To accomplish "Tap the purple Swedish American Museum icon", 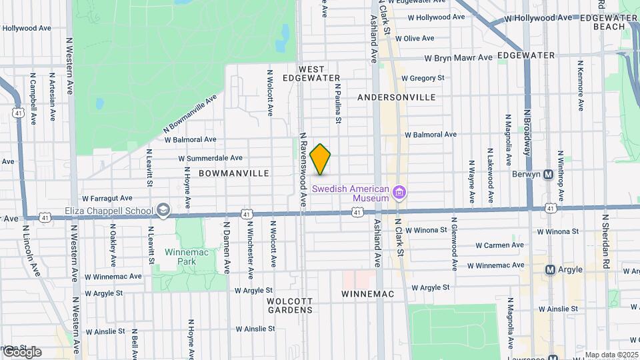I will pos(399,193).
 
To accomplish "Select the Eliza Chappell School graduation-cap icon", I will pos(162,211).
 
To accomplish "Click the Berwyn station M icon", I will pos(549,175).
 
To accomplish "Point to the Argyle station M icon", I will pos(551,269).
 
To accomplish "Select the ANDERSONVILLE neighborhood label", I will pos(396,97).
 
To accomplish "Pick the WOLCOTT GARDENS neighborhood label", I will pos(289,305).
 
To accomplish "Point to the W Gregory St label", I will pos(423,78).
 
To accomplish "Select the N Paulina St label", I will pos(338,103).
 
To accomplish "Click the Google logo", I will pos(21,352).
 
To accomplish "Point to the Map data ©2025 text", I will pos(611,355).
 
